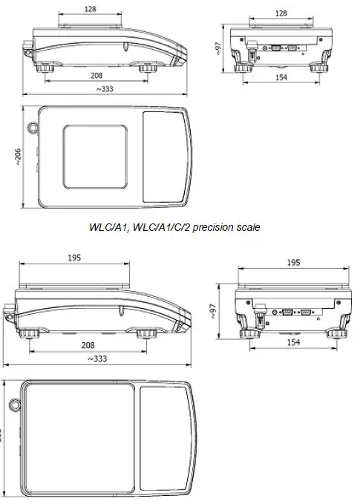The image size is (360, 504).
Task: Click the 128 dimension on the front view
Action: coord(281,13)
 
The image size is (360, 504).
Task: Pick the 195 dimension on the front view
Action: coord(292,263)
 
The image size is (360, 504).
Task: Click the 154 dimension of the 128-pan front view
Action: coord(281,77)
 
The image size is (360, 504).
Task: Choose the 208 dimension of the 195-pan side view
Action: coord(88,346)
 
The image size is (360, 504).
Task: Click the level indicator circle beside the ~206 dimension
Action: coord(32,128)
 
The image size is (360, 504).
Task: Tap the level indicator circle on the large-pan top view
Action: coord(13,405)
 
